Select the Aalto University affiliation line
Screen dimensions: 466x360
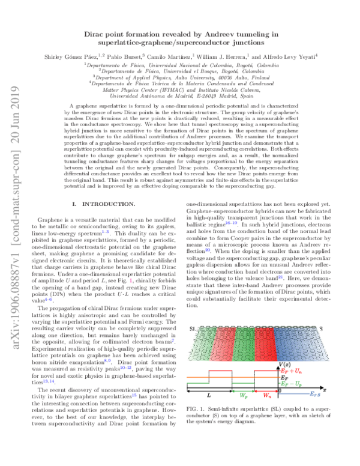pyautogui.click(x=181, y=77)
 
